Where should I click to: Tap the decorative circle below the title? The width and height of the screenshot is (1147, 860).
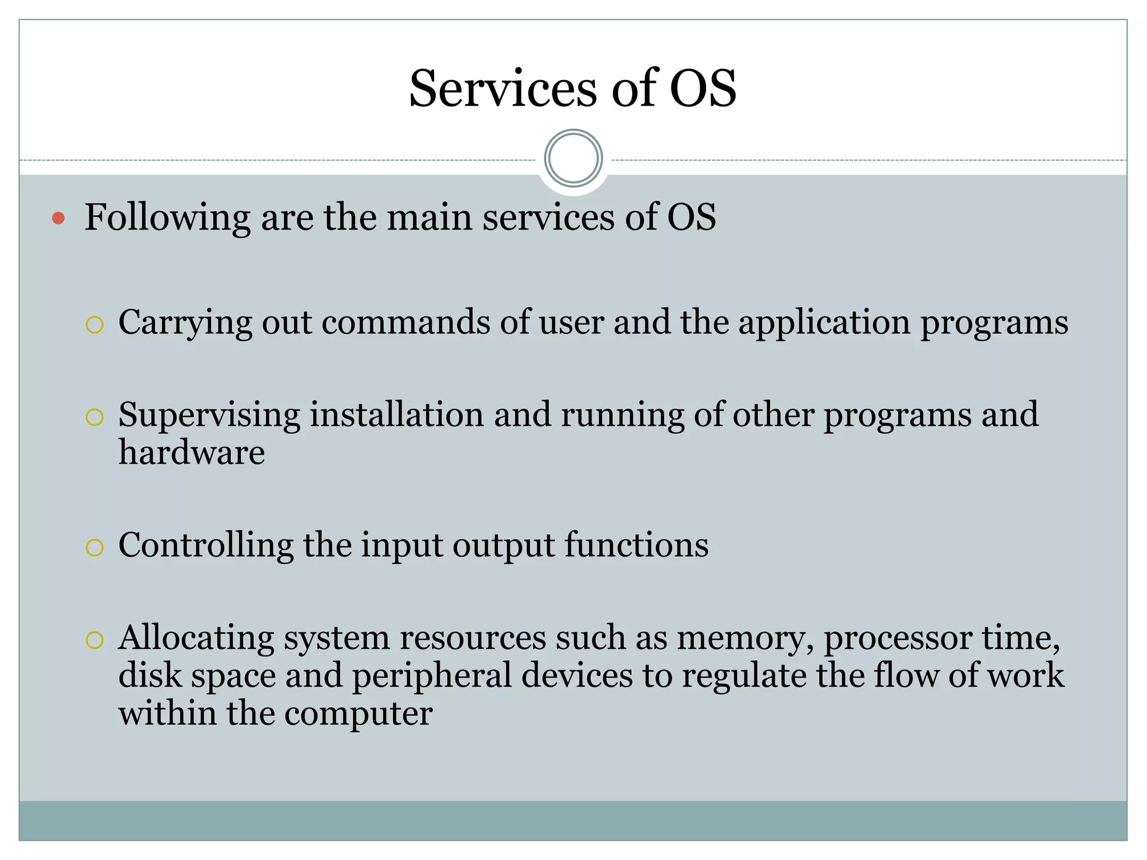(573, 158)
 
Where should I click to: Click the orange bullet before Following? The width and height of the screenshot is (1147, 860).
(58, 218)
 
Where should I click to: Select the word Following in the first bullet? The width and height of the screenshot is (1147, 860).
(167, 218)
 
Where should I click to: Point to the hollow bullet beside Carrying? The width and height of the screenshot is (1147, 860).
(95, 325)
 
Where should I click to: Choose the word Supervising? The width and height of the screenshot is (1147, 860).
(209, 416)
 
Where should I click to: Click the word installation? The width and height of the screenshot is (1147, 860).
(397, 415)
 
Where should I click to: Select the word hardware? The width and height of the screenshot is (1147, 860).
(192, 452)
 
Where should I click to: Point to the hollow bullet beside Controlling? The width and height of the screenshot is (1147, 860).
(95, 547)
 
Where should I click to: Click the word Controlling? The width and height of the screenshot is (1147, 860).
(206, 545)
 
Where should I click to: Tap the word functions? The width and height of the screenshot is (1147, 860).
(636, 545)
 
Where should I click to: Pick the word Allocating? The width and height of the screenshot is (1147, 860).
(195, 638)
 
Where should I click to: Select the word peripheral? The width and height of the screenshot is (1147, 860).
(431, 675)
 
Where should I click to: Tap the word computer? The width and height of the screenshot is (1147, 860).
(358, 714)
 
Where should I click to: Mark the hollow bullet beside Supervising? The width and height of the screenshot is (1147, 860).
(95, 417)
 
